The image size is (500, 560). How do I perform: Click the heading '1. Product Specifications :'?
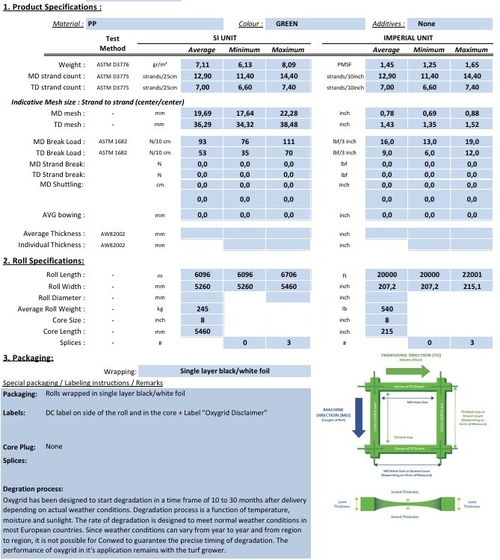pyautogui.click(x=52, y=7)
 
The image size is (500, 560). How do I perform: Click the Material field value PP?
pyautogui.click(x=93, y=24)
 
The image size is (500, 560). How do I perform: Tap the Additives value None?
pyautogui.click(x=426, y=24)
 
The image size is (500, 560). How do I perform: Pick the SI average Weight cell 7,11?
pyautogui.click(x=202, y=65)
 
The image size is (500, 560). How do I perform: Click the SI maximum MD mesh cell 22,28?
pyautogui.click(x=288, y=113)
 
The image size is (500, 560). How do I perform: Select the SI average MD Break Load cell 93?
pyautogui.click(x=202, y=142)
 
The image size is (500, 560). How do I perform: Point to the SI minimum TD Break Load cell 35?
pyautogui.click(x=244, y=152)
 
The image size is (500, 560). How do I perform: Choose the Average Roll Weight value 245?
pyautogui.click(x=202, y=308)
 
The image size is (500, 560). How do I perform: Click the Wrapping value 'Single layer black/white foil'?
pyautogui.click(x=224, y=370)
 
